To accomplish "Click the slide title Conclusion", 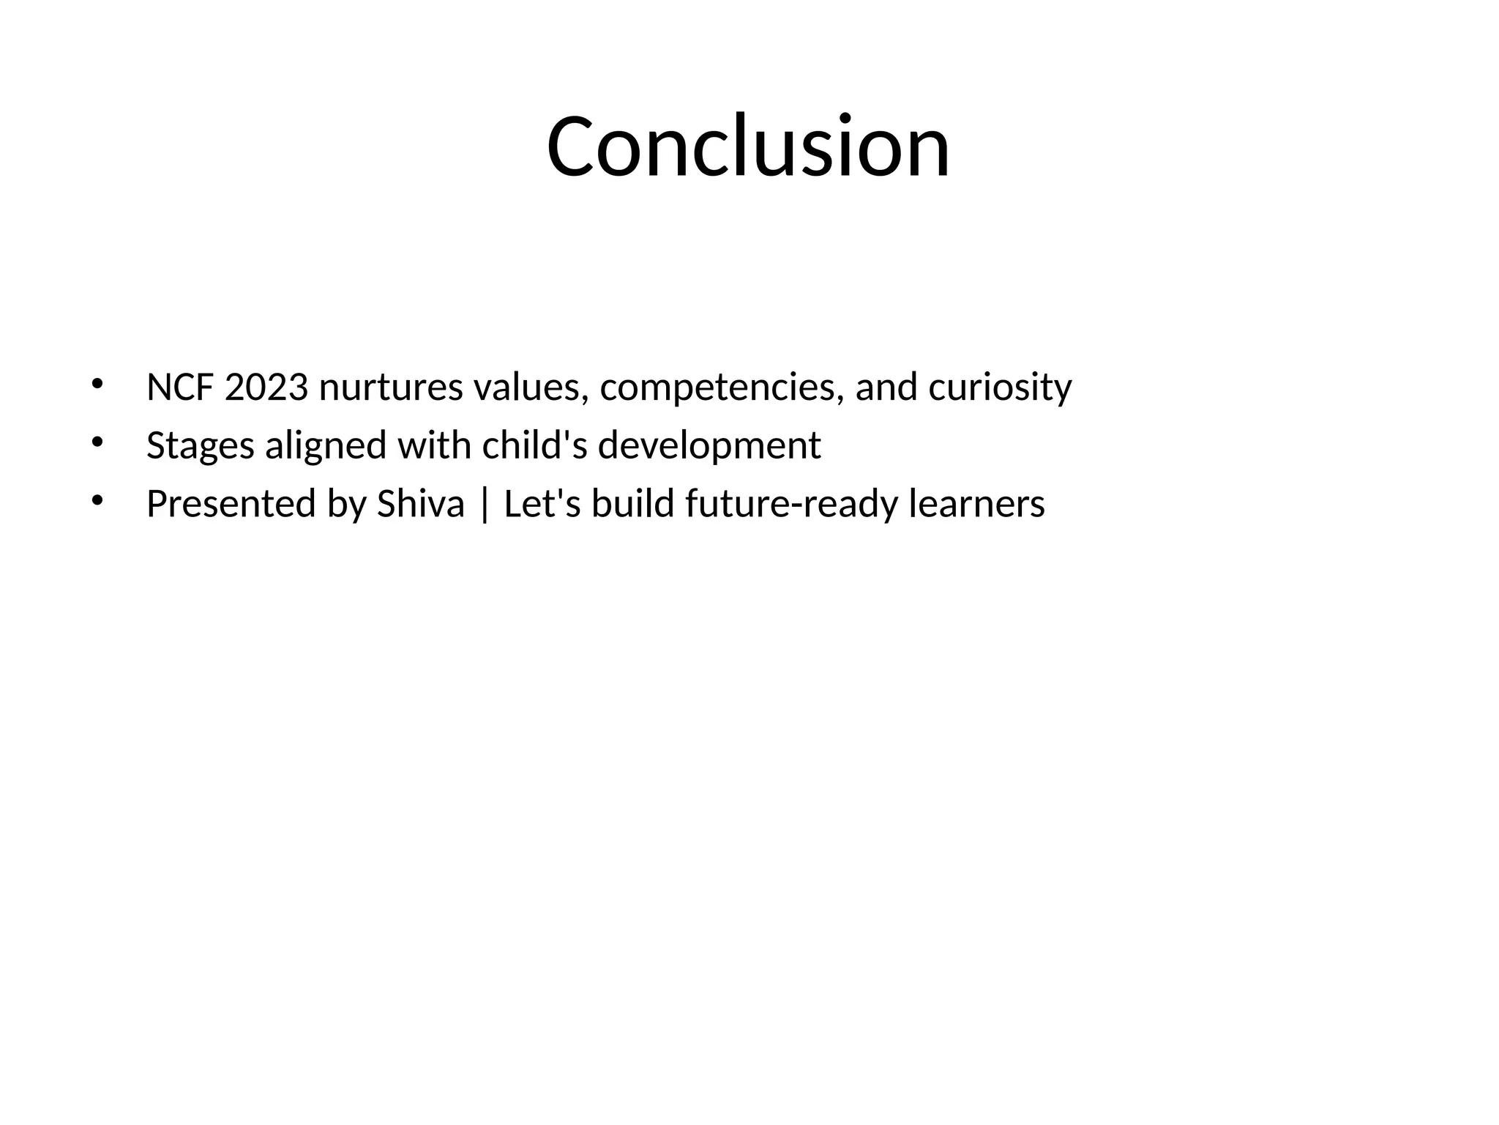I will pyautogui.click(x=748, y=146).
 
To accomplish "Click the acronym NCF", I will pyautogui.click(x=180, y=387).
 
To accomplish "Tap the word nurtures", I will pyautogui.click(x=391, y=387).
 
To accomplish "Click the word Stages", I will pyautogui.click(x=200, y=447).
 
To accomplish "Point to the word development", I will pyautogui.click(x=709, y=447).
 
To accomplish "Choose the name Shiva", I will pyautogui.click(x=420, y=505).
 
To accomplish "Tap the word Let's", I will pyautogui.click(x=542, y=505).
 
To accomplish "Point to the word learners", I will pyautogui.click(x=976, y=505).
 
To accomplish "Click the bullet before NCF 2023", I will pyautogui.click(x=97, y=384).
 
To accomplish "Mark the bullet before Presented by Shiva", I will pyautogui.click(x=97, y=501).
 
